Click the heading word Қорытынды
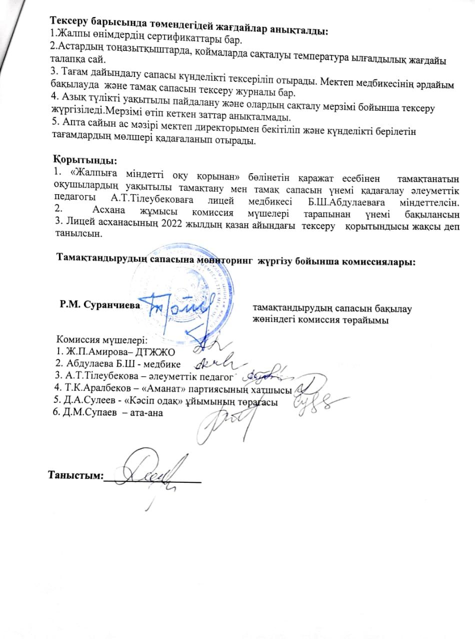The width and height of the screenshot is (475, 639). click(x=84, y=161)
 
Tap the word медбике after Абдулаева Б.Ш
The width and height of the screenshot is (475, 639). click(x=164, y=362)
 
